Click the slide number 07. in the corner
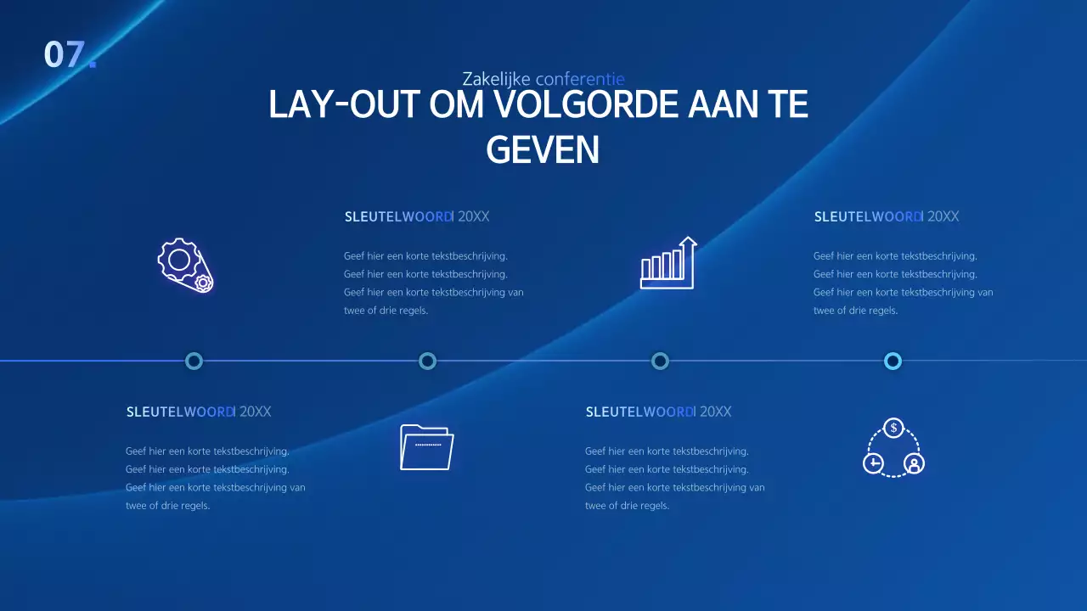click(69, 54)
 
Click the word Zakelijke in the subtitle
click(496, 79)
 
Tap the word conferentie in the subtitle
click(580, 79)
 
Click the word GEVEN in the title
click(543, 150)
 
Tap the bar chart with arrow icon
click(668, 263)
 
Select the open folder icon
click(426, 446)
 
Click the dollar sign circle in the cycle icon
click(893, 428)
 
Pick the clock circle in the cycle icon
click(873, 463)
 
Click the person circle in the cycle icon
click(914, 463)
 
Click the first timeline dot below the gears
click(194, 362)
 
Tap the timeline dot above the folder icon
click(427, 362)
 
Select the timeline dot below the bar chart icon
click(660, 362)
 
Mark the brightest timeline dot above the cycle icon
click(893, 362)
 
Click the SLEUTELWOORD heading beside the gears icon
click(398, 216)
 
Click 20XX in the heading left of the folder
click(256, 412)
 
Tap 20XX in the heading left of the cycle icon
click(715, 412)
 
